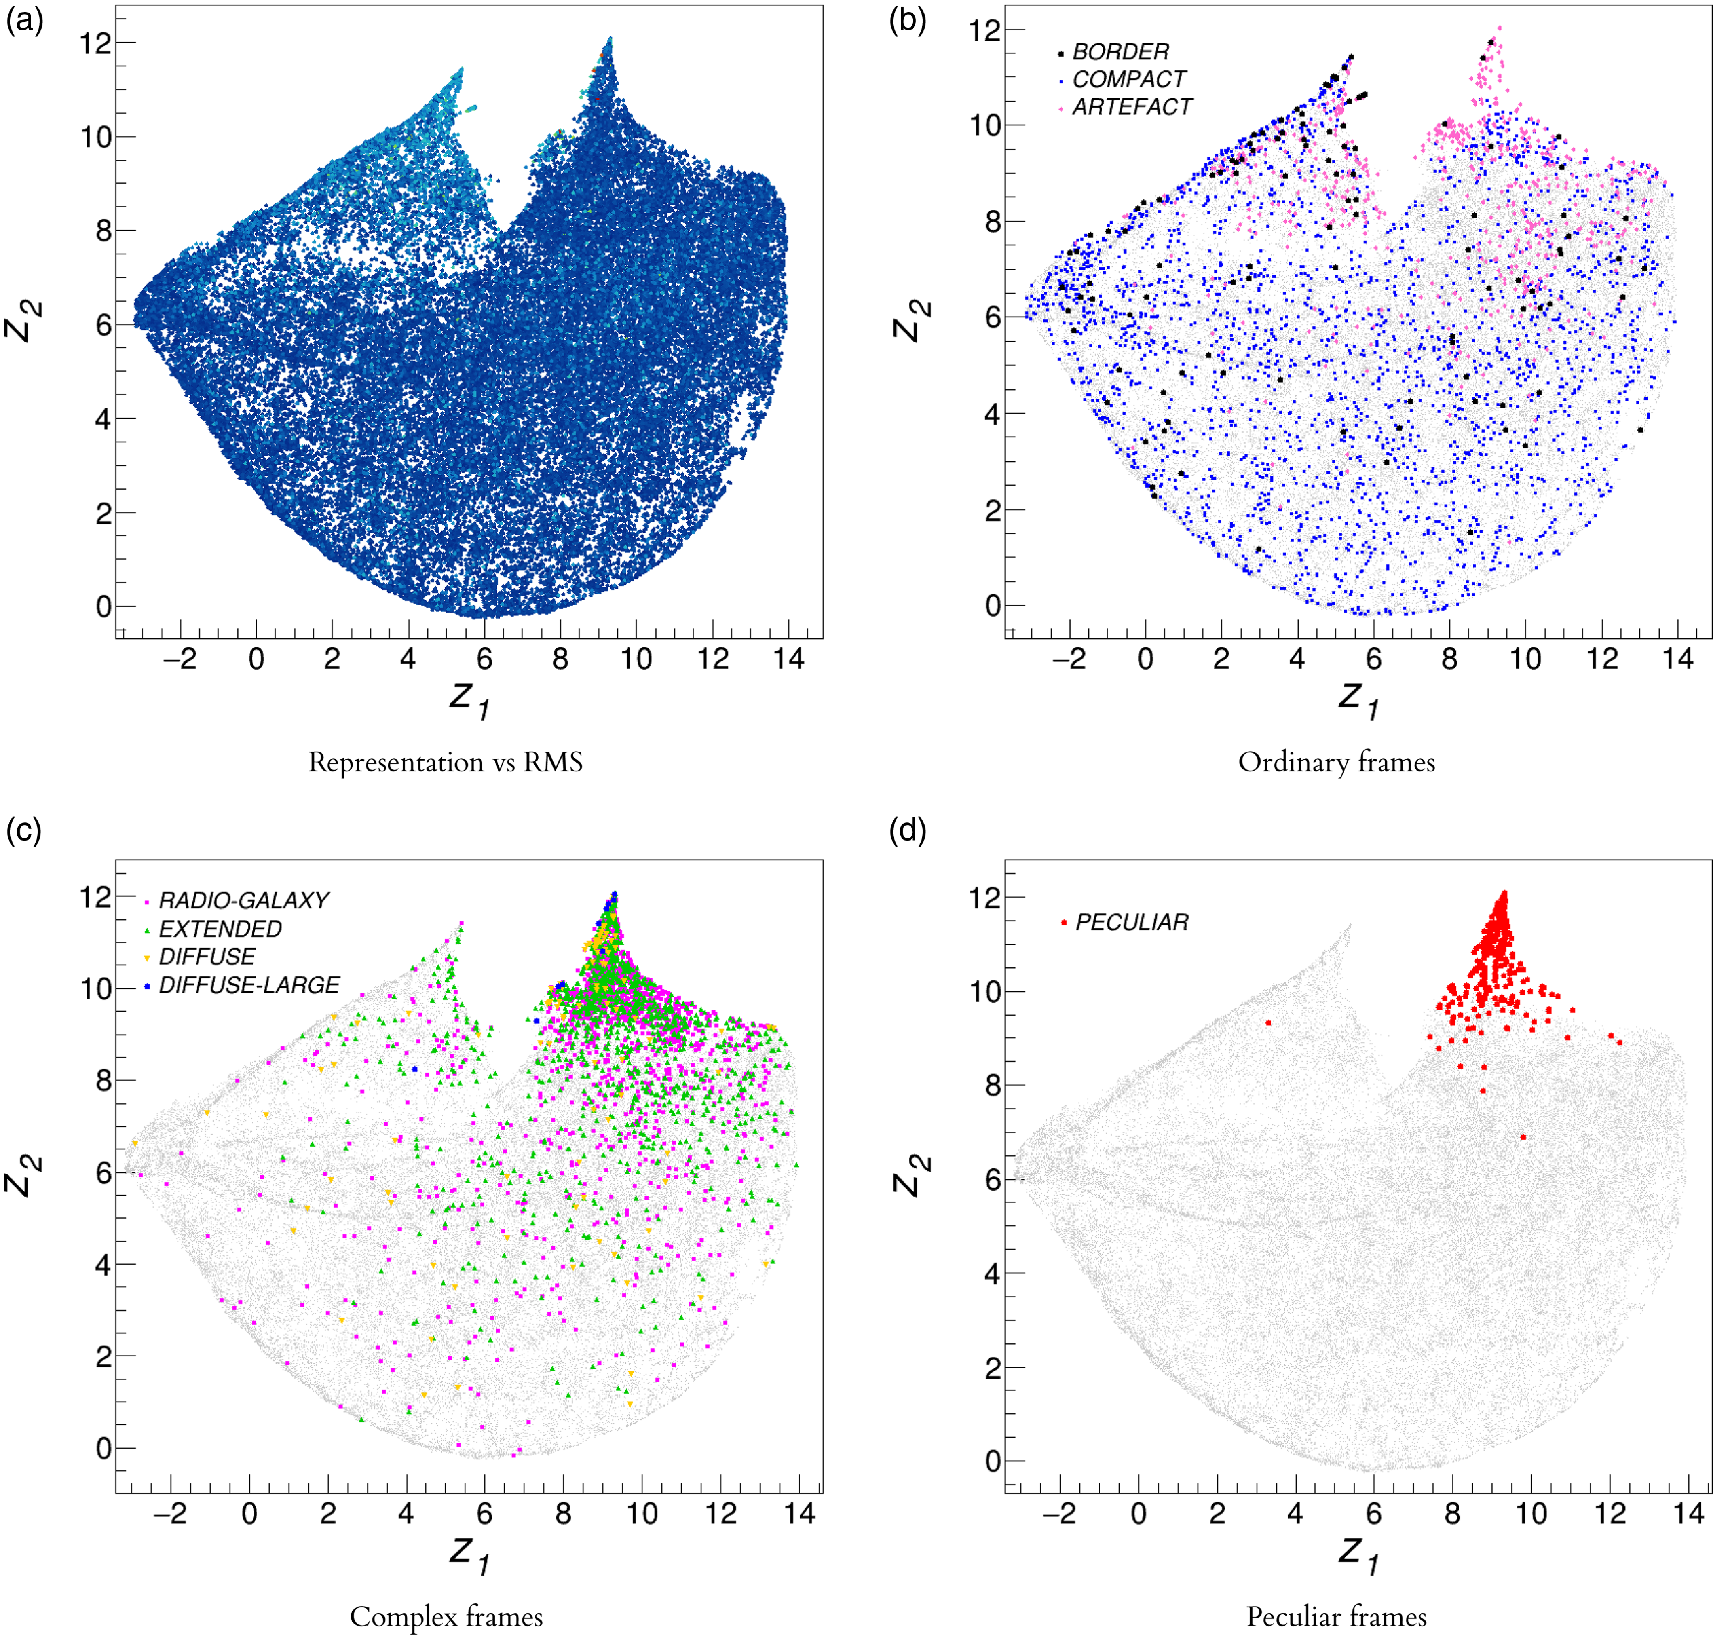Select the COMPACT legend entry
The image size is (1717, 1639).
(x=1128, y=80)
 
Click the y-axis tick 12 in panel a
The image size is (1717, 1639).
(x=96, y=42)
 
